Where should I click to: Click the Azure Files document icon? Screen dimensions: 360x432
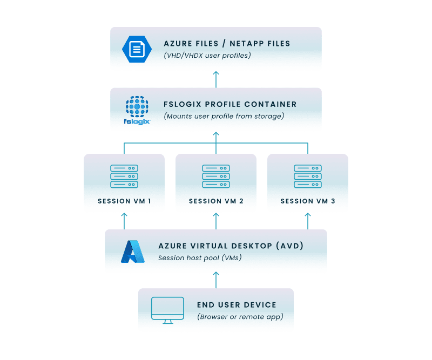click(137, 49)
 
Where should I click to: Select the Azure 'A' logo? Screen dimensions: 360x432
click(132, 252)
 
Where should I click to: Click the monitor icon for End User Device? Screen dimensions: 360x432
click(167, 310)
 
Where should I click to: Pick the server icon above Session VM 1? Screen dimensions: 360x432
click(124, 176)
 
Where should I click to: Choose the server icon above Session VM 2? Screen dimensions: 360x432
click(216, 176)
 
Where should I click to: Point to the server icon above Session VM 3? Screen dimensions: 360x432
click(308, 176)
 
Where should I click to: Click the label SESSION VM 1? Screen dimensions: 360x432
click(124, 201)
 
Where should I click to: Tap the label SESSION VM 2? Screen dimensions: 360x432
click(216, 201)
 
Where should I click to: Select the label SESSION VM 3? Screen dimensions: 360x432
click(308, 201)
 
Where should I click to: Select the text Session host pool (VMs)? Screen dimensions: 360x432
click(200, 258)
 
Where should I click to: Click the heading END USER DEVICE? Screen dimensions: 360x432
click(237, 305)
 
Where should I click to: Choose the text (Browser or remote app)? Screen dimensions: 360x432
click(240, 317)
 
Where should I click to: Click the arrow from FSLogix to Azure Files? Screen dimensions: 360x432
click(216, 79)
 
